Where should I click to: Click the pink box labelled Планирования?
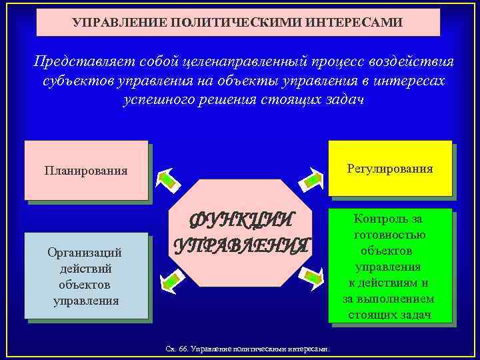tap(86, 170)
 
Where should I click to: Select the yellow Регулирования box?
tap(390, 169)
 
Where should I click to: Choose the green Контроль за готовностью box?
tap(390, 266)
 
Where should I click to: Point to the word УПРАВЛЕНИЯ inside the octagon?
tap(241, 245)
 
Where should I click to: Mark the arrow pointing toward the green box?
tap(311, 274)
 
